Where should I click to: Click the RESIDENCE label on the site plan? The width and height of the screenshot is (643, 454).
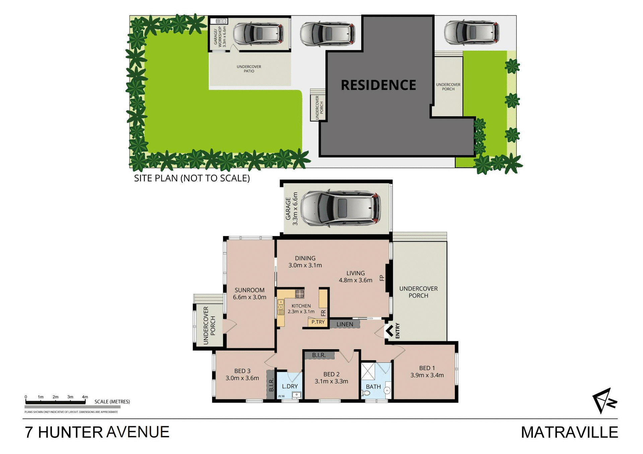378,85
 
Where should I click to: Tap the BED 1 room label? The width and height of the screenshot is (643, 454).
427,368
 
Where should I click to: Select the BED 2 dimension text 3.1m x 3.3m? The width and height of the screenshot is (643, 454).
331,381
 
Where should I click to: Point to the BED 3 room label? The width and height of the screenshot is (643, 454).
242,371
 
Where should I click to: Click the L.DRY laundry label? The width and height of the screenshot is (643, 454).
290,386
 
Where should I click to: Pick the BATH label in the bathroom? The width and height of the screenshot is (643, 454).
373,387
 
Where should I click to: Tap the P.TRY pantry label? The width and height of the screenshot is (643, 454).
318,322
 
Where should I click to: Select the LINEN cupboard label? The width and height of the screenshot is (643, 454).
345,324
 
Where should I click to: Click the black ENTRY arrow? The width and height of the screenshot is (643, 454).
389,331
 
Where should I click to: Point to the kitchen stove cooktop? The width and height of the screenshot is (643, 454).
299,294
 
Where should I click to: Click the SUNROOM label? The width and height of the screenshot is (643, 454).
249,290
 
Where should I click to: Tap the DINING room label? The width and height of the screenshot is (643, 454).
305,258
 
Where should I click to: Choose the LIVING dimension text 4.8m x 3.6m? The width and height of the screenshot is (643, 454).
355,280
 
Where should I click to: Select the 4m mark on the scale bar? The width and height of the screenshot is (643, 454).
85,397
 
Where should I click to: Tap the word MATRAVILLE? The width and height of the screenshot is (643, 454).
569,432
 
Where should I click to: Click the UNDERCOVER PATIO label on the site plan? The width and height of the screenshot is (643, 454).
249,69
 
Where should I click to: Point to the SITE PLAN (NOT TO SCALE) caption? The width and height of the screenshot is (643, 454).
192,178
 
